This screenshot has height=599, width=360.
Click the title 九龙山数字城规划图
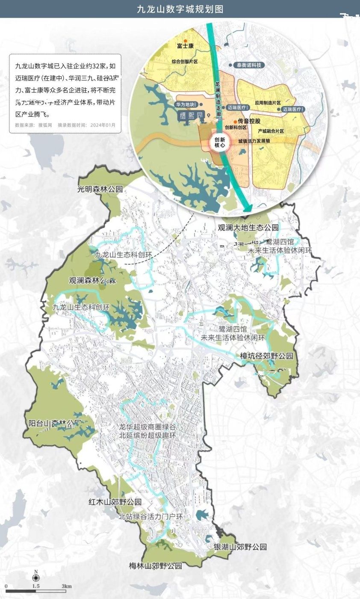[x=180, y=9]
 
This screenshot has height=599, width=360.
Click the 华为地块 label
[x=185, y=104]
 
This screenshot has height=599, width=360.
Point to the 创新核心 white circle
[x=220, y=143]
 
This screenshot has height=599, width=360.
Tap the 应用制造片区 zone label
[x=268, y=103]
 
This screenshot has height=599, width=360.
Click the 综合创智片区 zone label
[x=185, y=62]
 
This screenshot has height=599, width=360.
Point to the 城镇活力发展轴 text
[x=254, y=141]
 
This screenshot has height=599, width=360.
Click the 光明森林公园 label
[x=100, y=189]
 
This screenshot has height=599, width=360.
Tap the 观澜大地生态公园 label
[x=248, y=227]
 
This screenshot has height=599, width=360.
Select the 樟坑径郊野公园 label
[x=266, y=356]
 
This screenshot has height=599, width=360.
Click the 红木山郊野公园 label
[x=115, y=501]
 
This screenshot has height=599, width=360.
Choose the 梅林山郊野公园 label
[x=156, y=566]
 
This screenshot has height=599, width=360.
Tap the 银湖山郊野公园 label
[x=240, y=547]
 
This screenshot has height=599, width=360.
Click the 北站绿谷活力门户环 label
[x=151, y=517]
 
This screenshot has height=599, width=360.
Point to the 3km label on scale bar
[x=66, y=586]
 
